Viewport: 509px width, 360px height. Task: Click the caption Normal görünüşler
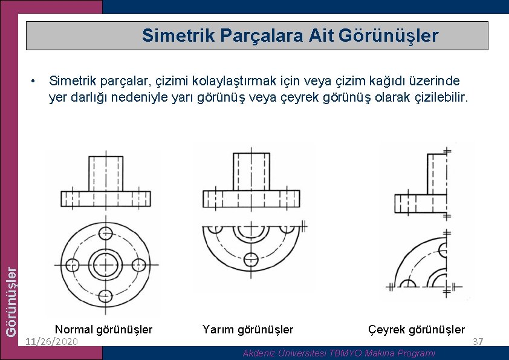(103, 330)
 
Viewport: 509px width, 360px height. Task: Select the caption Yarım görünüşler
(248, 330)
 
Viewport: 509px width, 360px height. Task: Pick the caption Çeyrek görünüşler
(417, 330)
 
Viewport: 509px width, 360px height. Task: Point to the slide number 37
(478, 342)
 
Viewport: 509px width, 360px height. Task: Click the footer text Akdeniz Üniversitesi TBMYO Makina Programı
(339, 353)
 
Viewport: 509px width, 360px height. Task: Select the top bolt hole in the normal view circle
(105, 232)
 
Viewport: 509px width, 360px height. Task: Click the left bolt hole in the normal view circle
(72, 265)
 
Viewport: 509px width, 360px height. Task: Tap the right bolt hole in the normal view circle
(138, 265)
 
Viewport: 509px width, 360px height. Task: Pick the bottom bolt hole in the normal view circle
(105, 296)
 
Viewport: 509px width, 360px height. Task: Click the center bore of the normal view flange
(105, 265)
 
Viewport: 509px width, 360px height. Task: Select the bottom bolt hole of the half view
(250, 261)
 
